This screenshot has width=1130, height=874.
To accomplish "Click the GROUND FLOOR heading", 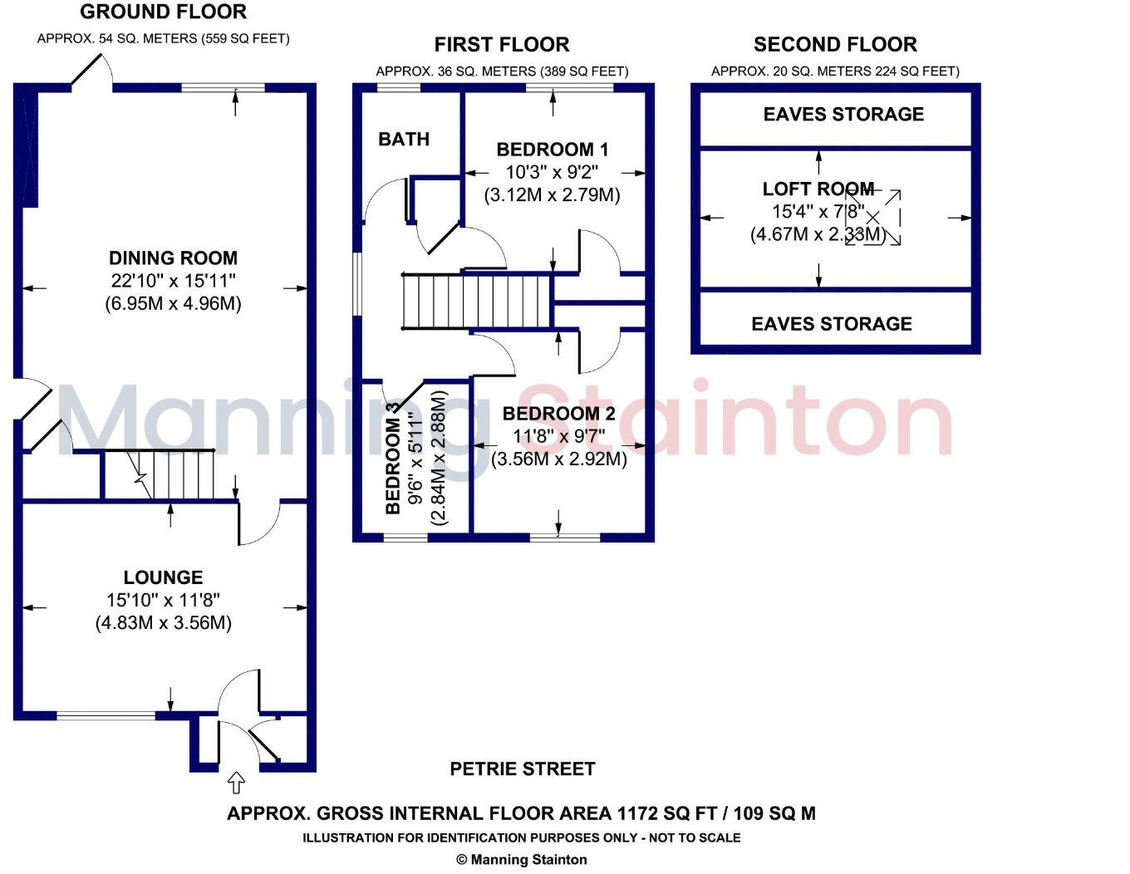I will coord(164,12).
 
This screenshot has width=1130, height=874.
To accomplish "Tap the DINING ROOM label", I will coord(173,258).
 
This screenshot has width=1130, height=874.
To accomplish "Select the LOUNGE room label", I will coord(163,577).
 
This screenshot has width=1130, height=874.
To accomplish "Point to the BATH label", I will coord(404,140).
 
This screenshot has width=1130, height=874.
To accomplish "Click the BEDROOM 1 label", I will coord(553,150).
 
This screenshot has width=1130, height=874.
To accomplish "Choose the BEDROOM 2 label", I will coord(558,414).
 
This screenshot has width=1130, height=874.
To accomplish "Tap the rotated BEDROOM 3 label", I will coord(394,459).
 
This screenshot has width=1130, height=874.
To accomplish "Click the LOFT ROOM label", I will coord(818,189).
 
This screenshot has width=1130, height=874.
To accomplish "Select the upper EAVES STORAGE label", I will coord(843,115).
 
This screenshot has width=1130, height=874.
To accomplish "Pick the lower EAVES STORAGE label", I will coord(832,324).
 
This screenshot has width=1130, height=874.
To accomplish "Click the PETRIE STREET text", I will coord(523,769).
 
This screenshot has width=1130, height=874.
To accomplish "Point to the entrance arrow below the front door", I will coord(237,783).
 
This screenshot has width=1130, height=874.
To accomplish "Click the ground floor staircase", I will coord(179,475).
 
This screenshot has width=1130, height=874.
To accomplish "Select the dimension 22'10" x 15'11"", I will coord(173,282).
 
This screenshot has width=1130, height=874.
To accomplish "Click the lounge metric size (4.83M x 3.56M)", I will coord(163,623).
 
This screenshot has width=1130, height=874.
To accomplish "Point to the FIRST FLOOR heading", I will coord(502,45).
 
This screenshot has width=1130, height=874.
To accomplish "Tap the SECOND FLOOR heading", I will coord(835,45).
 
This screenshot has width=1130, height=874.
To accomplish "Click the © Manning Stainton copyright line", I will coord(522,860).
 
